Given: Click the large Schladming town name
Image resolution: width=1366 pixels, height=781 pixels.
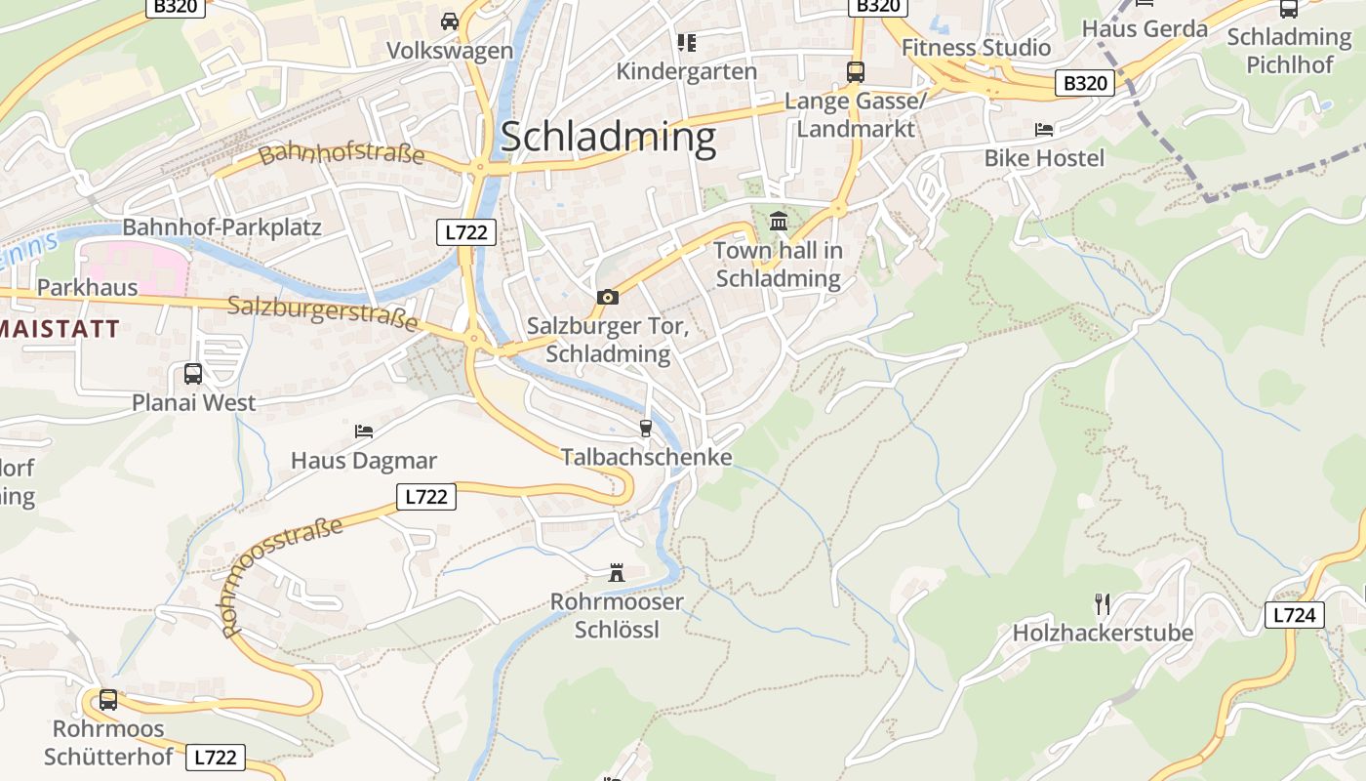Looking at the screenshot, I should [608, 138].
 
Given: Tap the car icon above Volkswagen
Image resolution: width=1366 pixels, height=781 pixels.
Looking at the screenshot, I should [450, 21].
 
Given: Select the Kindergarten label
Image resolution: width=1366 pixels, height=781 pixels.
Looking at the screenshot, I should [687, 71].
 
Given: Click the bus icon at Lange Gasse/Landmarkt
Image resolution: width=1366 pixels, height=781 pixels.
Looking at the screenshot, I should [856, 71].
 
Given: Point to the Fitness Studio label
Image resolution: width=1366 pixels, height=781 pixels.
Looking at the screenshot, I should [976, 47].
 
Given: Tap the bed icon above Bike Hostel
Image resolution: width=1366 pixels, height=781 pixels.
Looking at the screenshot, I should [1044, 129].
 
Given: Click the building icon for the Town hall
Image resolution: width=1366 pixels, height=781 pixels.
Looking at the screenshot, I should [779, 222].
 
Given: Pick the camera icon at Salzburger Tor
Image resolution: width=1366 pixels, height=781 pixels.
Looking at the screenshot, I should [607, 297].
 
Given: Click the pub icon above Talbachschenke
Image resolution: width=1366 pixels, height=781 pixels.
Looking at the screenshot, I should [645, 428].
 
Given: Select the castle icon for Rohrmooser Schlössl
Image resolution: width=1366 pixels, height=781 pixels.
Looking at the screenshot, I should [617, 572].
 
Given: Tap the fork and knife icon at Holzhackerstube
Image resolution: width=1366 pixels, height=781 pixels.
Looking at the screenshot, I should [1103, 603].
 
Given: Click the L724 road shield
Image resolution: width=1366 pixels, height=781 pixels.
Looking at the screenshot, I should [1295, 615].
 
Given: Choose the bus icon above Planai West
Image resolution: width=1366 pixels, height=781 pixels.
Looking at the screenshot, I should [193, 373].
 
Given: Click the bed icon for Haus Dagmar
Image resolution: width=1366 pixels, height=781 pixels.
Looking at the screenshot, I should [363, 431].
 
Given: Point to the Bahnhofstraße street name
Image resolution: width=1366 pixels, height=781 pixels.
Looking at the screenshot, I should [341, 154].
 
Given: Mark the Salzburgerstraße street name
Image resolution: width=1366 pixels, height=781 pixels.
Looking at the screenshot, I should [323, 312].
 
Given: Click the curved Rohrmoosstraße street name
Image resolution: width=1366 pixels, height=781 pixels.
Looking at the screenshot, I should [283, 576].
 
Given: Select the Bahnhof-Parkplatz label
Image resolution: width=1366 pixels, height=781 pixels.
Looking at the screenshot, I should [221, 227].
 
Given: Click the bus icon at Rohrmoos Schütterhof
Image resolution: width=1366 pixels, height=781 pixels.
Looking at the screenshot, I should [108, 699].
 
